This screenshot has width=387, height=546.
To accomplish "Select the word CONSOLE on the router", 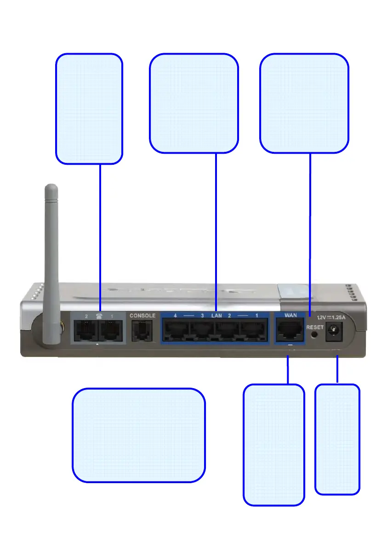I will [x=142, y=316].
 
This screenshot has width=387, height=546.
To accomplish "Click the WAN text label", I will [x=290, y=316].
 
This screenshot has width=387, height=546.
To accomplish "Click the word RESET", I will [x=315, y=328].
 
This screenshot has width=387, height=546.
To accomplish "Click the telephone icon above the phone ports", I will [x=98, y=316].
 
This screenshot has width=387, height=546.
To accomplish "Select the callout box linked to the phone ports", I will [x=89, y=108].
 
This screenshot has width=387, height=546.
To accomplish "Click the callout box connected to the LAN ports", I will [x=194, y=103].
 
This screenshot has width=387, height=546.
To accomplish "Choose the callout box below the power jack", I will [x=337, y=439].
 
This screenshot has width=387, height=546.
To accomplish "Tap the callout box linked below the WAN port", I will [x=273, y=445].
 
